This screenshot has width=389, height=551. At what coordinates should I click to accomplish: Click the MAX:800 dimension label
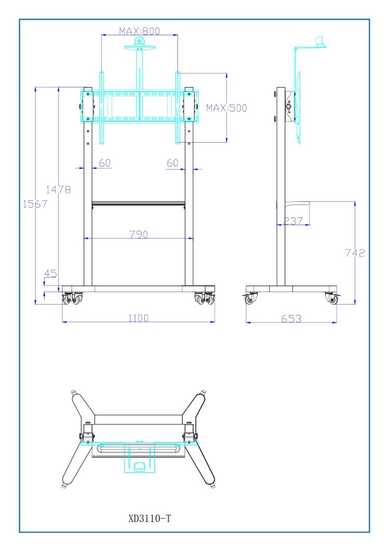[x=140, y=31]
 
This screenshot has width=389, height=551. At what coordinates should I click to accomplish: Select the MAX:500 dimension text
[x=227, y=108]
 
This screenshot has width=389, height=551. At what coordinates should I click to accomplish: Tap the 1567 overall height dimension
[x=35, y=204]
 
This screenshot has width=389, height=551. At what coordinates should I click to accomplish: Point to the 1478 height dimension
[x=58, y=189]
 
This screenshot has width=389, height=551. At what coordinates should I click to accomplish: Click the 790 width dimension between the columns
[x=138, y=234]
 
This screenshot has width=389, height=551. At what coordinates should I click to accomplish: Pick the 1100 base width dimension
[x=138, y=318]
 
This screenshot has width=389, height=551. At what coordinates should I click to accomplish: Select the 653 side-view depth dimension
[x=291, y=319]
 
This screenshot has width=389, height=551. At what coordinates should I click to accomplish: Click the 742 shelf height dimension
[x=355, y=253]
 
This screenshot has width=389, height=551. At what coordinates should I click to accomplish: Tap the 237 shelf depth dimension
[x=293, y=221]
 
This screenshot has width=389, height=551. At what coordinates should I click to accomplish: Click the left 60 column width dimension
[x=104, y=163]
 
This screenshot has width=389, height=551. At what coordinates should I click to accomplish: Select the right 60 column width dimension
[x=173, y=163]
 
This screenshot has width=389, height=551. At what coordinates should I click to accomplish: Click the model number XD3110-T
[x=149, y=518]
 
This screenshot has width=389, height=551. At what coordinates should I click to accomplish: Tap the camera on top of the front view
[x=138, y=42]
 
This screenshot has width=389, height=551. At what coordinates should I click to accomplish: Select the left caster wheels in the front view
[x=72, y=299]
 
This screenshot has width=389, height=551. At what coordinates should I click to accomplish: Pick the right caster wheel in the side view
[x=331, y=298]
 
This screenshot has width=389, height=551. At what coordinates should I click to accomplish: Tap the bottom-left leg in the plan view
[x=73, y=464]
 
